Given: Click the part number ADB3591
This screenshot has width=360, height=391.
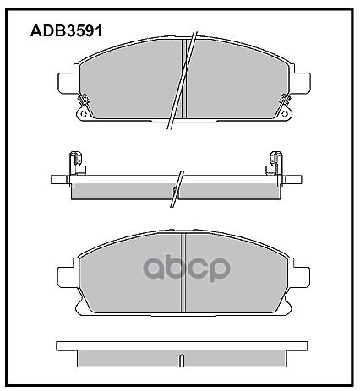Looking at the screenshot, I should (67, 32).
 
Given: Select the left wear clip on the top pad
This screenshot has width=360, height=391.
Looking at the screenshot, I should (84, 106).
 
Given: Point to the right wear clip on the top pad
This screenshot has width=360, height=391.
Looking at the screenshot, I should (280, 106).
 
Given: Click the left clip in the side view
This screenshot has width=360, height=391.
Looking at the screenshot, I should (74, 163).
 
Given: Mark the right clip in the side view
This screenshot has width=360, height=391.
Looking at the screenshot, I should (275, 163).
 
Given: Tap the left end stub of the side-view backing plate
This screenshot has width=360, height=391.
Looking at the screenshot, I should (57, 178).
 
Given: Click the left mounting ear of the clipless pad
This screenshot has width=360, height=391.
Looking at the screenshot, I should (65, 274).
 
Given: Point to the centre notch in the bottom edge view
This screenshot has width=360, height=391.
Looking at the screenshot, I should (182, 361).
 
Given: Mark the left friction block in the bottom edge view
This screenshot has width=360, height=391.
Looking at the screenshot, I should (127, 358).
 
